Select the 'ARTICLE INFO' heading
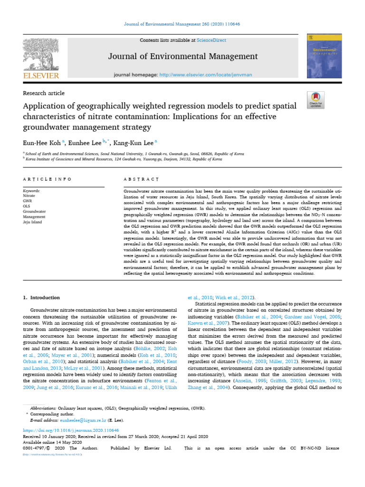(47, 179)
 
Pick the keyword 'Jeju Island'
(32, 222)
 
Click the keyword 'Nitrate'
(29, 195)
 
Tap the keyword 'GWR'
(28, 201)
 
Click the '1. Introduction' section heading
(42, 298)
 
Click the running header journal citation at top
(182, 24)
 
